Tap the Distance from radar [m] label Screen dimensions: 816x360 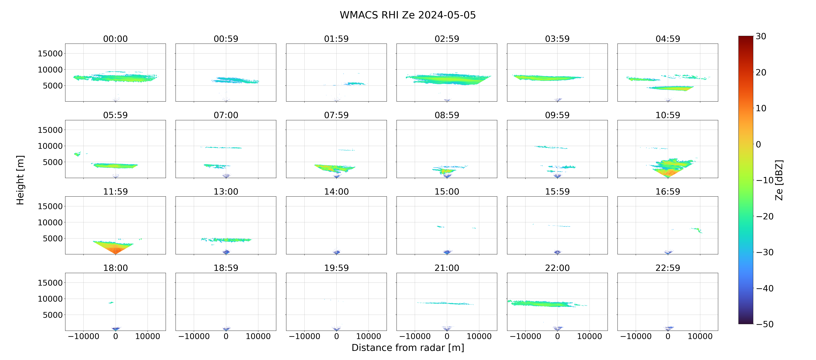pos(408,348)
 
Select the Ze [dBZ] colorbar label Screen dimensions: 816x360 pos(779,180)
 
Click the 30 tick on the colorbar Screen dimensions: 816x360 pos(761,36)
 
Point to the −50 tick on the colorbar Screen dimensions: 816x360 pos(765,324)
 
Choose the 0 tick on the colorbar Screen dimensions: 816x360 pos(758,144)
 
